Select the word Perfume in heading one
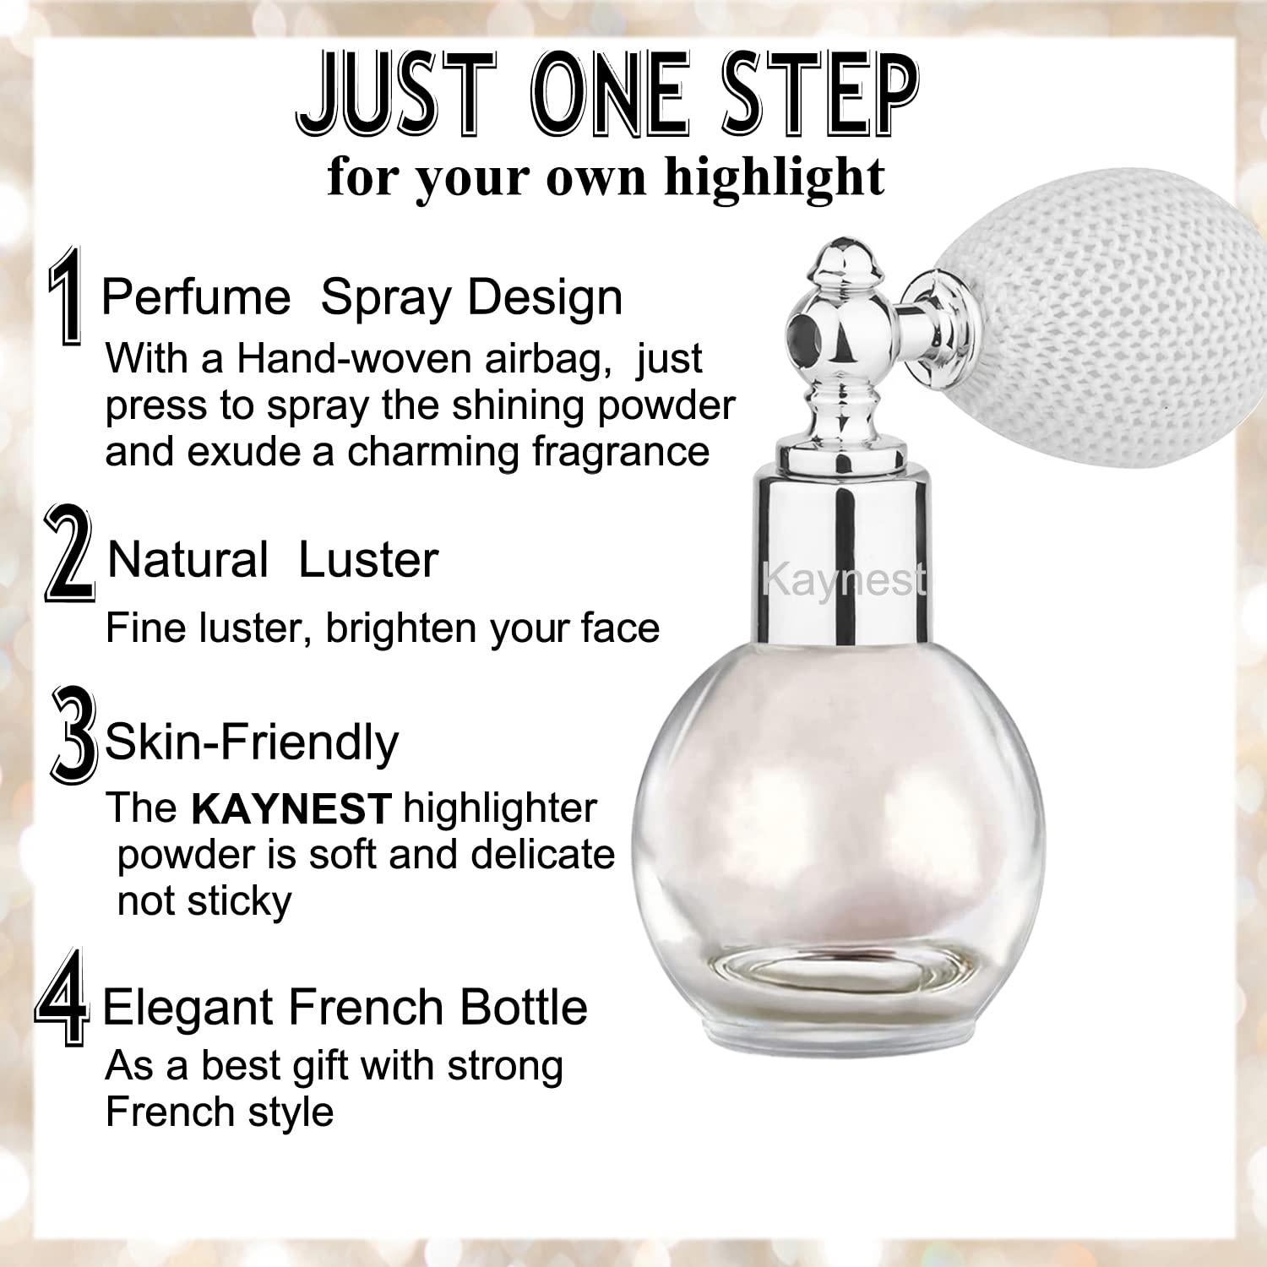click(196, 297)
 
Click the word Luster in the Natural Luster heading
click(369, 560)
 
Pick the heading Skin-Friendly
click(251, 742)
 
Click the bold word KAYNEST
click(291, 809)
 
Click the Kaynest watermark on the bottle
click(843, 580)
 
